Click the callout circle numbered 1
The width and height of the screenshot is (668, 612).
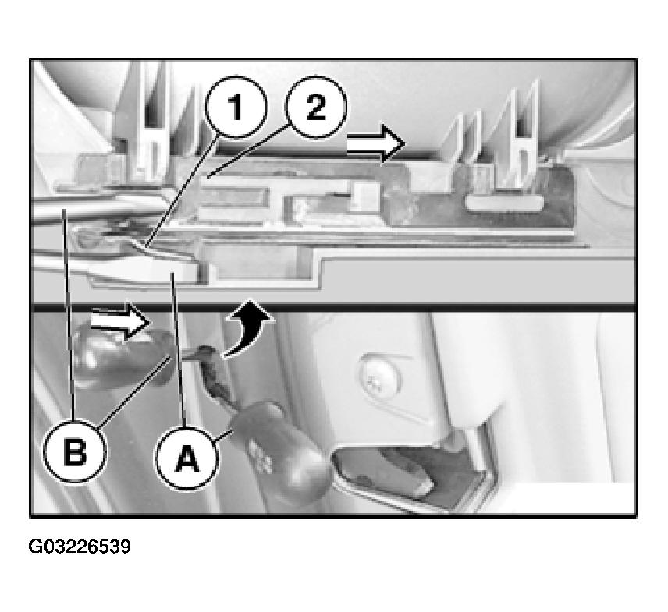236,107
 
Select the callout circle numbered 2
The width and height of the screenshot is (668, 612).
316,107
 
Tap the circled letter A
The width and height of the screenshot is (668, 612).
187,458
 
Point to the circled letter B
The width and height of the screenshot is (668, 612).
75,451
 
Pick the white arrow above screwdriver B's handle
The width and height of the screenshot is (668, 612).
120,321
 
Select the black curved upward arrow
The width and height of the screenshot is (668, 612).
247,327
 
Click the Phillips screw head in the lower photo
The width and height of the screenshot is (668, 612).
381,374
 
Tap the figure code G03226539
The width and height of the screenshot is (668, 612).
80,547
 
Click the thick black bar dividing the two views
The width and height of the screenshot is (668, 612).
334,306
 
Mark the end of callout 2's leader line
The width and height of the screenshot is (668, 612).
207,175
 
